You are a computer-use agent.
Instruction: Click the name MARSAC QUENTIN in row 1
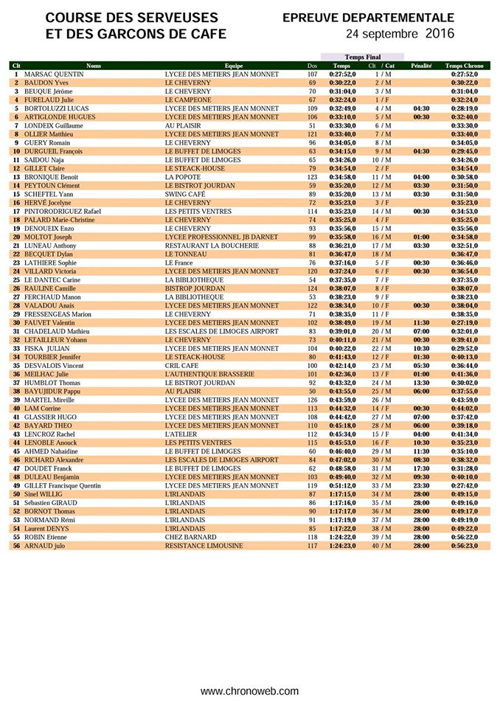pyautogui.click(x=54, y=74)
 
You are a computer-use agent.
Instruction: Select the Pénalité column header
pyautogui.click(x=421, y=66)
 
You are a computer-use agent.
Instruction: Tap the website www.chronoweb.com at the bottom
pyautogui.click(x=250, y=691)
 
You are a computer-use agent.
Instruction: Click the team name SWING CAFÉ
pyautogui.click(x=185, y=194)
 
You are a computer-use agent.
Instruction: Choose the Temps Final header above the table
pyautogui.click(x=362, y=57)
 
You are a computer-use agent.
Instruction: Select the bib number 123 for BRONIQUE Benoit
pyautogui.click(x=312, y=177)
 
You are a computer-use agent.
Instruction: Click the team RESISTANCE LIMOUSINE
pyautogui.click(x=204, y=545)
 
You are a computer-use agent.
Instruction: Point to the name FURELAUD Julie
pyautogui.click(x=49, y=100)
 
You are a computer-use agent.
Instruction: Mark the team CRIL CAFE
pyautogui.click(x=181, y=366)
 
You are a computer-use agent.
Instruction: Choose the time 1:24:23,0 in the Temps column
pyautogui.click(x=342, y=545)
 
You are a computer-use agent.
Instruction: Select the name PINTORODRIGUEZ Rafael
pyautogui.click(x=63, y=211)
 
